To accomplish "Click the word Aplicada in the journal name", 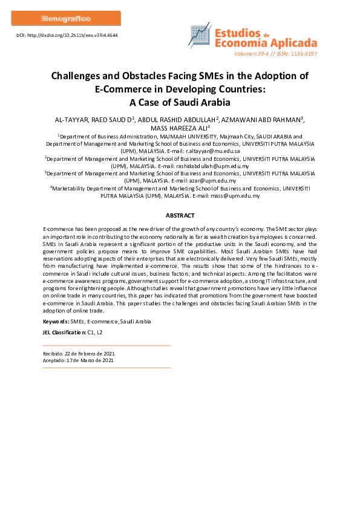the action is tap(292, 43).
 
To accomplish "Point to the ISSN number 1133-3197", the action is tap(301, 54).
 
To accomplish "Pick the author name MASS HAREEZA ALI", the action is tap(179, 127).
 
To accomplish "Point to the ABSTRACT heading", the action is tap(180, 216).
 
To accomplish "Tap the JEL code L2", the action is tap(99, 332).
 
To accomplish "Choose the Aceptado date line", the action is tap(78, 360).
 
